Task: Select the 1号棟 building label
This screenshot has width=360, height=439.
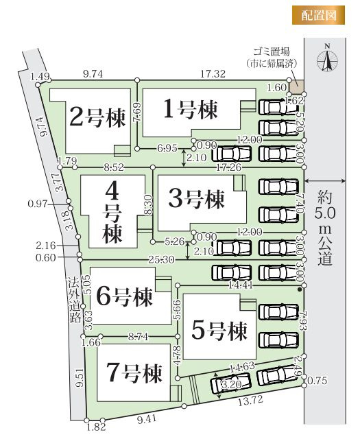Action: (x=190, y=109)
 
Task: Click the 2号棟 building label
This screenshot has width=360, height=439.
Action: (x=98, y=118)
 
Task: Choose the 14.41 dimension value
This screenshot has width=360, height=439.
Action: (x=240, y=283)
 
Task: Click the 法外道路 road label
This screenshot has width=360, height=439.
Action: (x=73, y=300)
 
